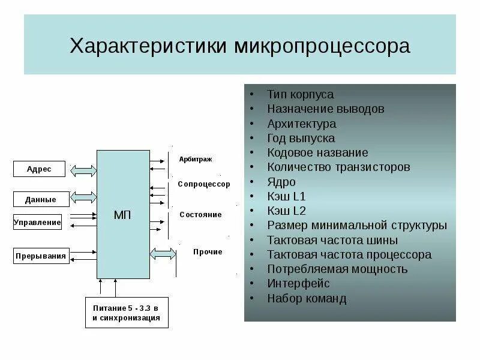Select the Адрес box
(40, 169)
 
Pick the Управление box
(37, 223)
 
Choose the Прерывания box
(41, 256)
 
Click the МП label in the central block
(123, 215)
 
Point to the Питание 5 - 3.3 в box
(127, 313)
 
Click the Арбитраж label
(196, 159)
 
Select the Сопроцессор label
(204, 184)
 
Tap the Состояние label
(200, 214)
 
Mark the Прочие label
(208, 252)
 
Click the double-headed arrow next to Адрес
(83, 170)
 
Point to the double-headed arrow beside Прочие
(163, 254)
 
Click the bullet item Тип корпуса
(301, 95)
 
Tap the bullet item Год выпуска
(301, 138)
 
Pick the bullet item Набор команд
(307, 298)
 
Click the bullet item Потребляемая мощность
(337, 269)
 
